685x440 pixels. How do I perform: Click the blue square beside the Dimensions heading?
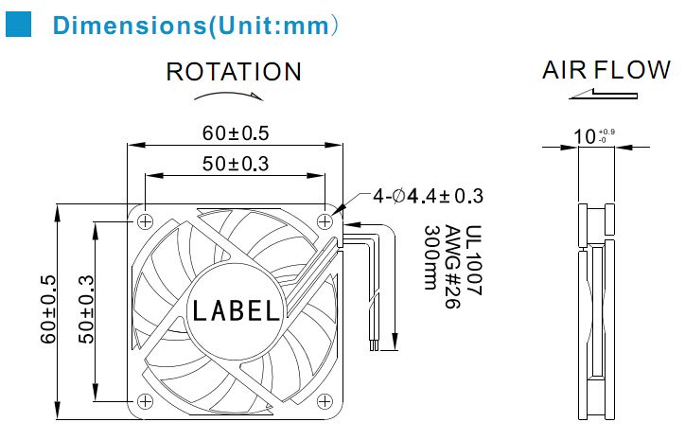pyautogui.click(x=18, y=25)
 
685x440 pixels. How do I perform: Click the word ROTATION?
pyautogui.click(x=234, y=72)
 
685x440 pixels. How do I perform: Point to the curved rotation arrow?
pyautogui.click(x=228, y=96)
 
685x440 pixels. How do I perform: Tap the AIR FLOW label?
pyautogui.click(x=606, y=70)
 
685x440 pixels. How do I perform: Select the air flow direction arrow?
pyautogui.click(x=603, y=94)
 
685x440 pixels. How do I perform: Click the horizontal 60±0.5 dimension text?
pyautogui.click(x=236, y=133)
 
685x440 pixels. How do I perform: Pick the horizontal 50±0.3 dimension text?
pyautogui.click(x=236, y=164)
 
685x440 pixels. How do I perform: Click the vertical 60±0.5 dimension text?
pyautogui.click(x=48, y=308)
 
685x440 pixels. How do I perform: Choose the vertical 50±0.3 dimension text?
pyautogui.click(x=86, y=308)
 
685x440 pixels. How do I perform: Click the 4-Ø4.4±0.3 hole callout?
pyautogui.click(x=428, y=196)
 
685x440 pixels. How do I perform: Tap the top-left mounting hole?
pyautogui.click(x=145, y=221)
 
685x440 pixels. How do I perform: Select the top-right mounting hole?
pyautogui.click(x=325, y=221)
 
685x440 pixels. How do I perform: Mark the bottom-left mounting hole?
pyautogui.click(x=145, y=400)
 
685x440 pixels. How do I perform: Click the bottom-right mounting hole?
pyautogui.click(x=325, y=400)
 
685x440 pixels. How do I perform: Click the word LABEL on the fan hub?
pyautogui.click(x=236, y=310)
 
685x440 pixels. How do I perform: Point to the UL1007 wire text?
pyautogui.click(x=473, y=260)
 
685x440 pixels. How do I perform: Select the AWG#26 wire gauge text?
pyautogui.click(x=452, y=267)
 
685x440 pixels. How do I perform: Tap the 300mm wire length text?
pyautogui.click(x=431, y=257)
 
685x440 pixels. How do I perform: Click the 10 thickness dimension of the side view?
pyautogui.click(x=585, y=136)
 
